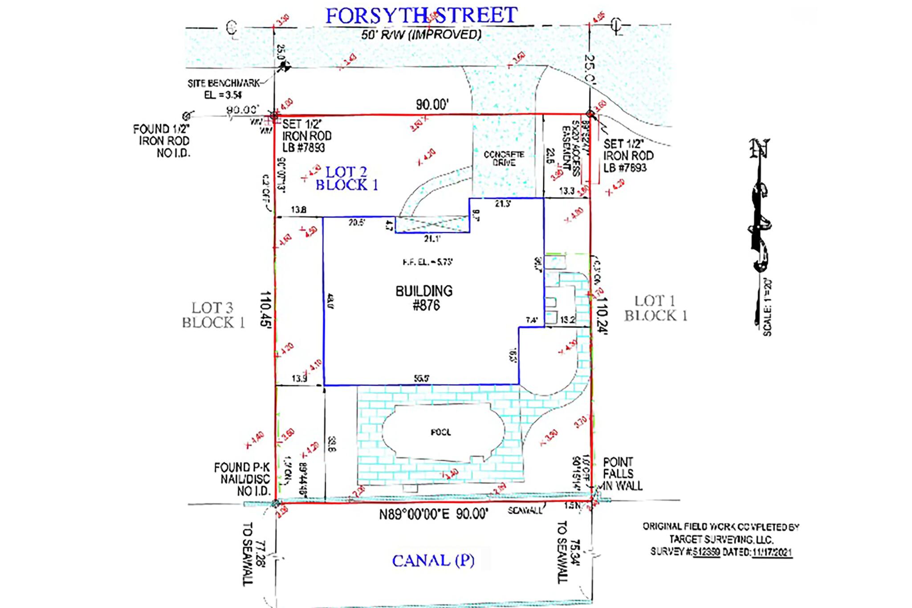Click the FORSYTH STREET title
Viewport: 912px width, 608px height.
[x=421, y=16]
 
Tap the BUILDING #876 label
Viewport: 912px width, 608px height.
[x=424, y=298]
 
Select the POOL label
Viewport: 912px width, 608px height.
[x=440, y=432]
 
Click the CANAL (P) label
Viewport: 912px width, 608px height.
[x=433, y=560]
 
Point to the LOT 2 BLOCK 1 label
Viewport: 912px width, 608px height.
[x=346, y=178]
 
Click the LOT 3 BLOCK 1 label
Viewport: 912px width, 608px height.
[x=213, y=315]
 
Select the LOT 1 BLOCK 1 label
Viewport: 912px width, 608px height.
[x=655, y=308]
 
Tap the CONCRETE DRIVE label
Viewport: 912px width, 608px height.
[x=504, y=159]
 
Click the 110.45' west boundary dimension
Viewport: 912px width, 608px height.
[x=265, y=309]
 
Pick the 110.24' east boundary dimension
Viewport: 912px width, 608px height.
[x=602, y=315]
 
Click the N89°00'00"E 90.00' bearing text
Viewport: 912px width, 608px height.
[x=433, y=514]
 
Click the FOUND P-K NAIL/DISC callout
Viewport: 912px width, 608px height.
[x=242, y=479]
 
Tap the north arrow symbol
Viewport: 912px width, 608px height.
[x=759, y=209]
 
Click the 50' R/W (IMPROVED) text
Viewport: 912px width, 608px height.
[x=421, y=35]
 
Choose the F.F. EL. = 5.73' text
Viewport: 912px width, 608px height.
[x=427, y=262]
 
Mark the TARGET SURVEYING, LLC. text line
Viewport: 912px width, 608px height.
[x=721, y=539]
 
